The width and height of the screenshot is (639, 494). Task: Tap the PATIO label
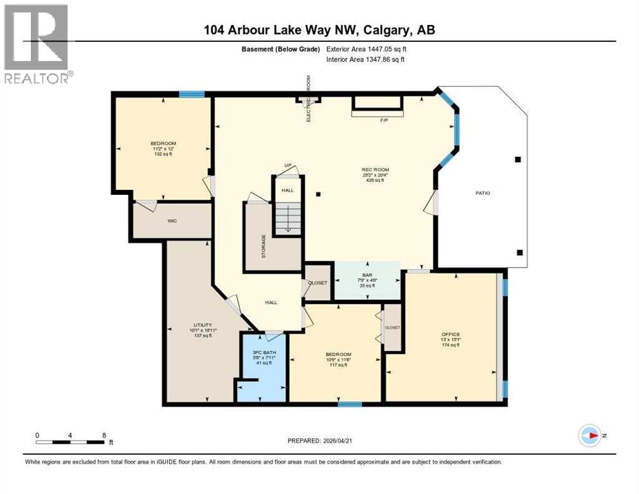(482, 193)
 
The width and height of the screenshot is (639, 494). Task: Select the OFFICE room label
(451, 334)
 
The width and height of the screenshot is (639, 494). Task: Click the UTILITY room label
(203, 325)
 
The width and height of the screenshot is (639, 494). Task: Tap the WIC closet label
(172, 221)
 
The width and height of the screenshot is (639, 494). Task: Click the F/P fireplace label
(384, 120)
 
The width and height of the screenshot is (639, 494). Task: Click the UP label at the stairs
(289, 166)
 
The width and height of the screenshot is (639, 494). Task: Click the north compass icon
(589, 435)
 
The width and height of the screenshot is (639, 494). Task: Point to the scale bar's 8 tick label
(104, 435)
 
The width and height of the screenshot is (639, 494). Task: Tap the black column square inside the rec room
(318, 194)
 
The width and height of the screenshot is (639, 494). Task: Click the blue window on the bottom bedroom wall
(350, 404)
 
